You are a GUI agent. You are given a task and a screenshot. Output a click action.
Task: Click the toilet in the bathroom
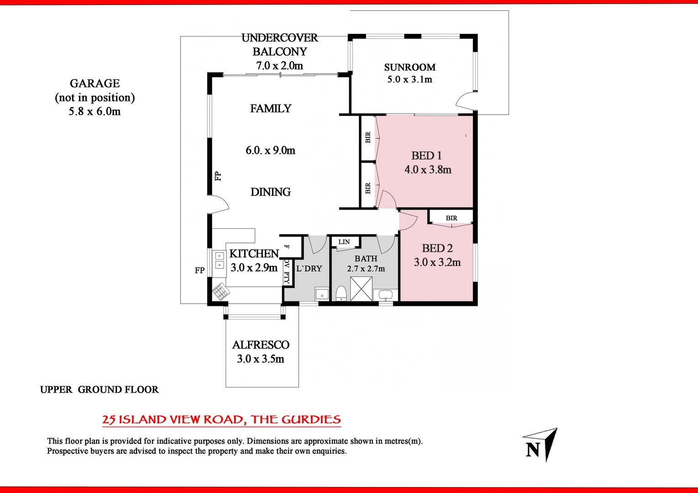[x=341, y=294]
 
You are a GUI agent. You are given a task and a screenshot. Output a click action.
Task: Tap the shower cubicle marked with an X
[x=361, y=289]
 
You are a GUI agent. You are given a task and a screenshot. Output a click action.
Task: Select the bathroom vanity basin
[x=386, y=295]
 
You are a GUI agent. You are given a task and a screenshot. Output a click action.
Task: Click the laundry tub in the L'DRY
[x=322, y=294]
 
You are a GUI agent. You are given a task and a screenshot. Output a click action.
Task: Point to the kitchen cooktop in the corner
[x=221, y=292]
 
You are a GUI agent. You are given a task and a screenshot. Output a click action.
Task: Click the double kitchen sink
[x=220, y=260]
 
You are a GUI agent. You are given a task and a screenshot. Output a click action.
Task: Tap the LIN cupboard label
[x=344, y=242]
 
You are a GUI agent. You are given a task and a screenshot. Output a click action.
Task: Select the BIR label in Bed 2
[x=451, y=218]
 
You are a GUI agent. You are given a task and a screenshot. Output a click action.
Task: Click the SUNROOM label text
[x=410, y=68]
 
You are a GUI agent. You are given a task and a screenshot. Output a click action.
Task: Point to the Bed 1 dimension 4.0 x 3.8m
[x=428, y=170]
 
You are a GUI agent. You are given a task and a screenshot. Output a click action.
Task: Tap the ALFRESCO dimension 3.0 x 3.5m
[x=260, y=359]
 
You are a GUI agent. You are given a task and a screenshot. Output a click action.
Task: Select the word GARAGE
[x=95, y=84]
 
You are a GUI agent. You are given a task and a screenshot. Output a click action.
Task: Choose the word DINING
[x=270, y=192]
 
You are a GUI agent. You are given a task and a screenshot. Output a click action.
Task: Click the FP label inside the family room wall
[x=218, y=176]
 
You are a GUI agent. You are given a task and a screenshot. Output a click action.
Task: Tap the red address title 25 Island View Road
[x=221, y=420]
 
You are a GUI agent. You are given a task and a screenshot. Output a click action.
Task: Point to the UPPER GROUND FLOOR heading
[x=99, y=390]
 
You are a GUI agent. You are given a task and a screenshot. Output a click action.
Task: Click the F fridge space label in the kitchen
[x=287, y=246]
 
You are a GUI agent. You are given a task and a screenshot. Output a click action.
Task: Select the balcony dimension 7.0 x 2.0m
[x=280, y=66]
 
